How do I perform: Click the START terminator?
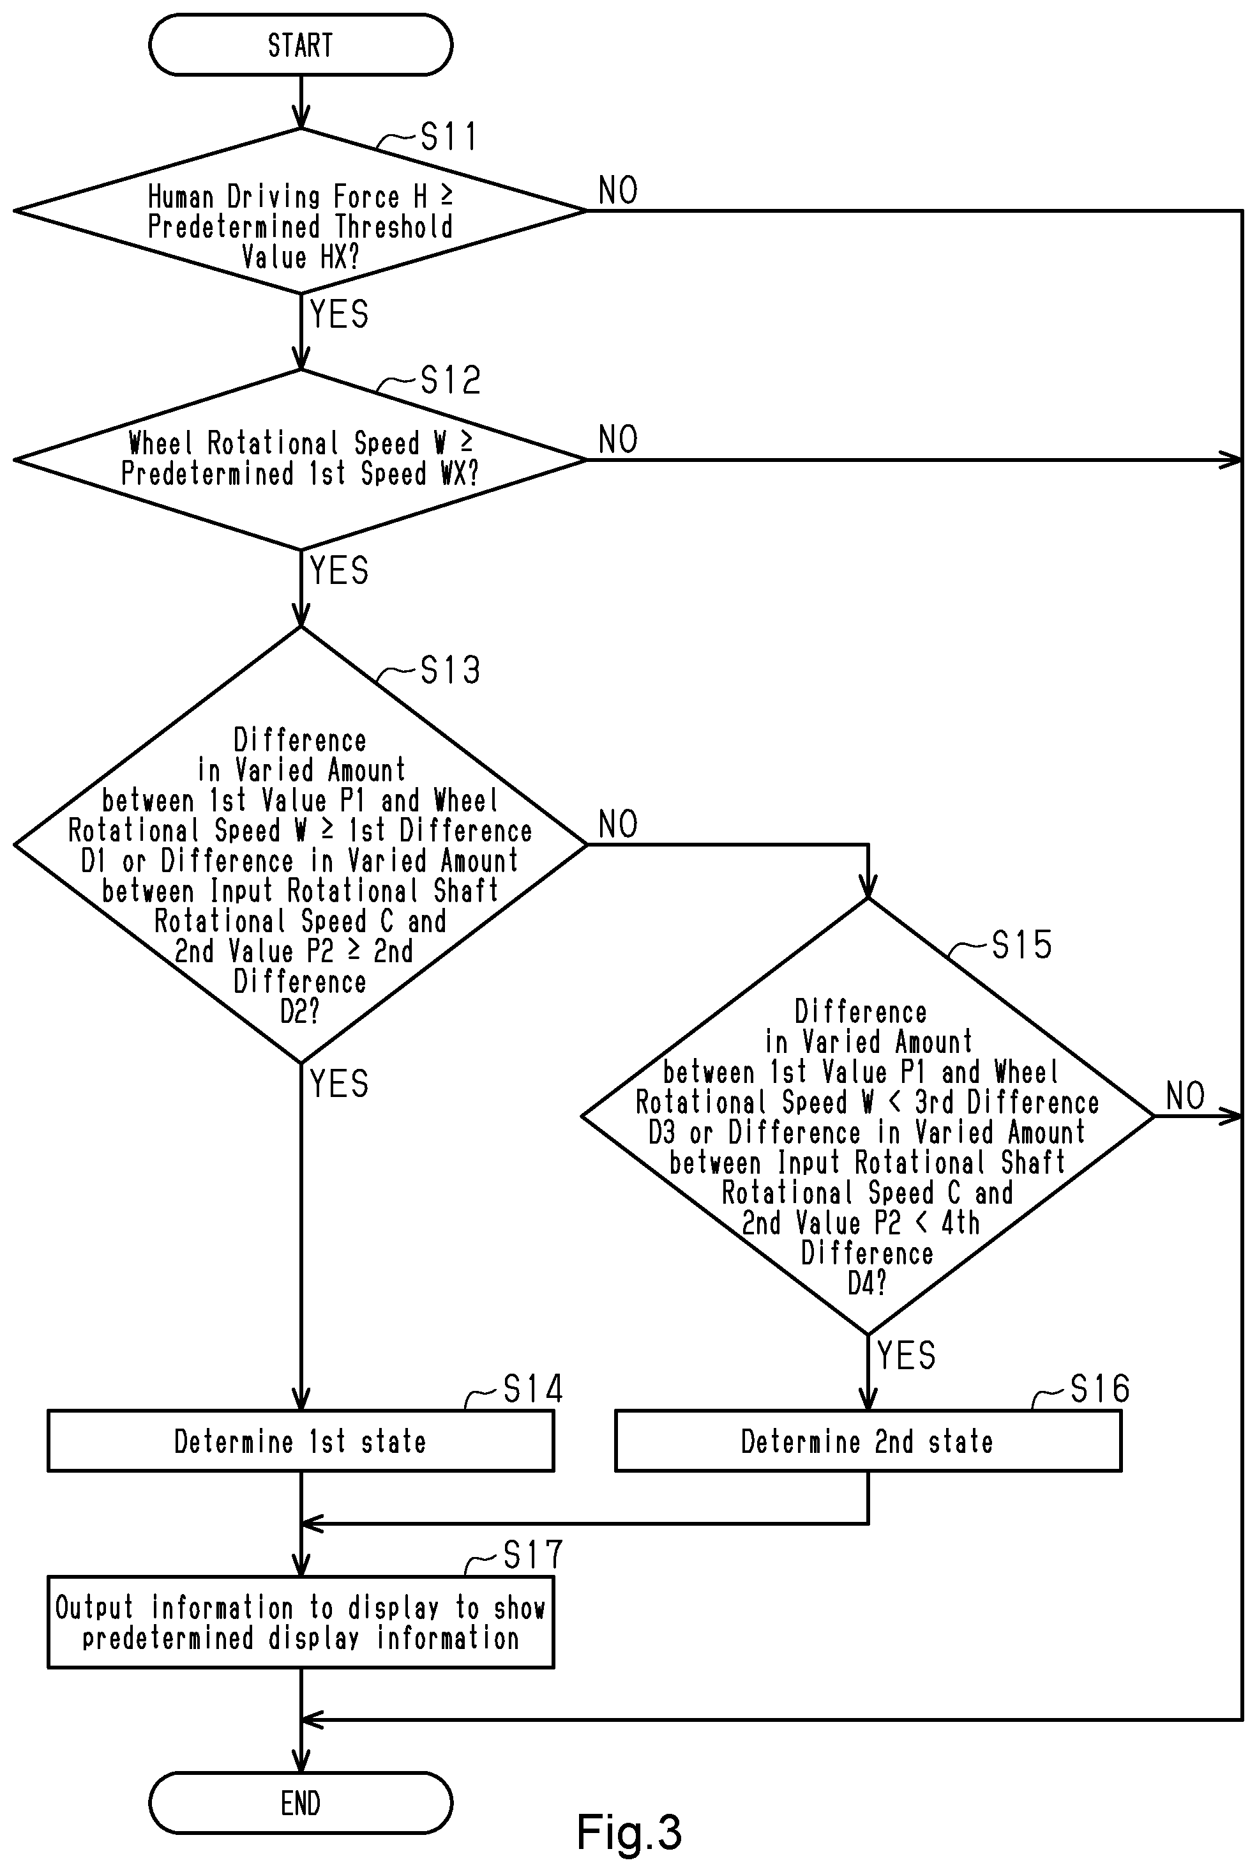(x=301, y=45)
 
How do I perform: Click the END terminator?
(x=301, y=1803)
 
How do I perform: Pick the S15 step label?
(x=1021, y=945)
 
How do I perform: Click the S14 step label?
(x=533, y=1388)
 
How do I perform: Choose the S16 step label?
(x=1100, y=1388)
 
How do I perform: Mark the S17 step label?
(x=533, y=1555)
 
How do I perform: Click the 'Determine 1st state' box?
(x=301, y=1441)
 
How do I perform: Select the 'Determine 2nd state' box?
(x=868, y=1441)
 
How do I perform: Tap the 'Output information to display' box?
(x=301, y=1623)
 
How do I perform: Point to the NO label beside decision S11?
(x=618, y=191)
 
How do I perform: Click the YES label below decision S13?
(x=339, y=1084)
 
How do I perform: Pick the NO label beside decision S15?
(x=1185, y=1096)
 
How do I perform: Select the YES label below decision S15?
(x=907, y=1356)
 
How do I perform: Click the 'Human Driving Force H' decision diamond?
(x=301, y=211)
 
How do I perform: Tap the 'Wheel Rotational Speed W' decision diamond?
(x=301, y=459)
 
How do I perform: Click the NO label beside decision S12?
(x=618, y=440)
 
